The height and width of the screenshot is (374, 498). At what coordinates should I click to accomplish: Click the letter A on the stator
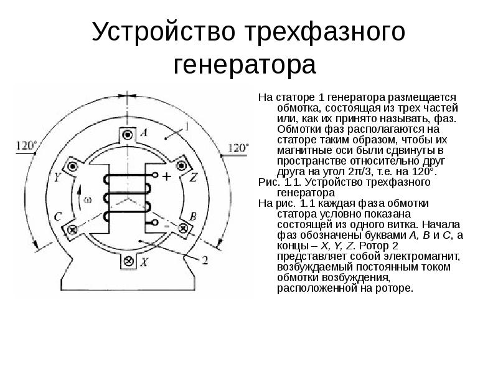coord(143,133)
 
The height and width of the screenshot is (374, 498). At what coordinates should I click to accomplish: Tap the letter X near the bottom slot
coord(143,262)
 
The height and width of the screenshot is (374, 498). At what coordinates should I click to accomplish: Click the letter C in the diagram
coord(58,216)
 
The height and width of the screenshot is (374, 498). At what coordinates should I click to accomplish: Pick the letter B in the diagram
coord(193,216)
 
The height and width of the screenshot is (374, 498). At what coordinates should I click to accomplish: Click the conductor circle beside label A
coord(128,134)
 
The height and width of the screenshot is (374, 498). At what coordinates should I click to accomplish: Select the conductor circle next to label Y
coord(73,166)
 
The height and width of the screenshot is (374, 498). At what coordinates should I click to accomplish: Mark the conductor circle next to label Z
coord(182,166)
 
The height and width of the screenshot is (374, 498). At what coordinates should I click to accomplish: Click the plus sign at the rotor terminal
coord(166,176)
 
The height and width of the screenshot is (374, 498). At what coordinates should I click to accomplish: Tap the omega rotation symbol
coord(87,200)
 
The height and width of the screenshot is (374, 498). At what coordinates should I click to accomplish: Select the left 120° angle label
coord(26,146)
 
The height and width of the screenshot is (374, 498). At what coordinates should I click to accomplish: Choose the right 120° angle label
coord(238,148)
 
